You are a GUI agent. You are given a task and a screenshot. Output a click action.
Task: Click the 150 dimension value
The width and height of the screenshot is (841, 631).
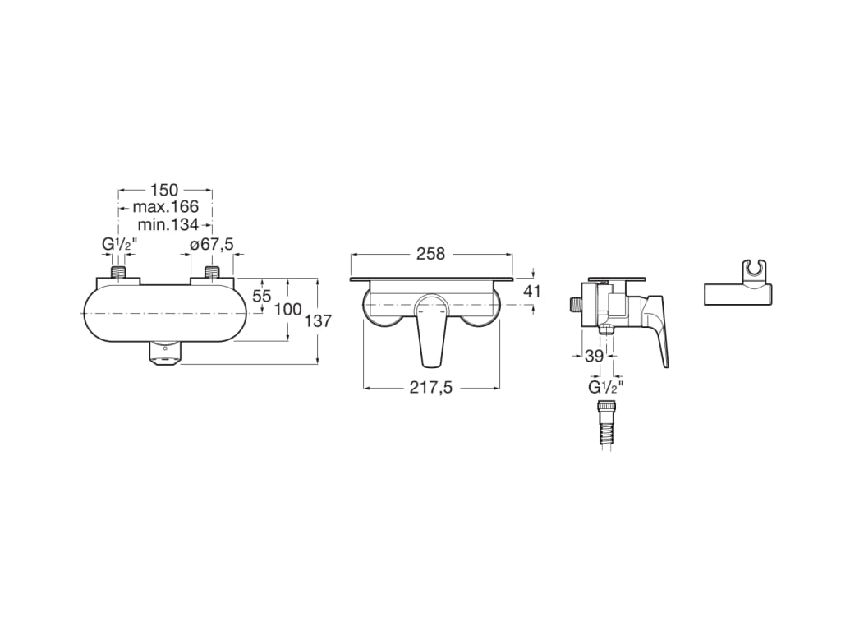pyautogui.click(x=164, y=191)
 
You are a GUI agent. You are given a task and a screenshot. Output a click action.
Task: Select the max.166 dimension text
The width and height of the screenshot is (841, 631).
pyautogui.click(x=166, y=207)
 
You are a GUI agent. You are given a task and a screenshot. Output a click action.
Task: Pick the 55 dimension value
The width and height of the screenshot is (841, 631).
pyautogui.click(x=262, y=297)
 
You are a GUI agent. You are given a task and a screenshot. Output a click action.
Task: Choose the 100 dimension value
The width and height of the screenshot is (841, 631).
pyautogui.click(x=288, y=310)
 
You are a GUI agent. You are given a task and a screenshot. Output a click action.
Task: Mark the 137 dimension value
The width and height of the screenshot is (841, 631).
pyautogui.click(x=317, y=321)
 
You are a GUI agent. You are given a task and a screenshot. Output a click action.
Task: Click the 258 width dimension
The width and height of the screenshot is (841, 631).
pyautogui.click(x=430, y=254)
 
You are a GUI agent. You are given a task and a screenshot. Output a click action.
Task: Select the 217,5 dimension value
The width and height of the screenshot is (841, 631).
pyautogui.click(x=431, y=388)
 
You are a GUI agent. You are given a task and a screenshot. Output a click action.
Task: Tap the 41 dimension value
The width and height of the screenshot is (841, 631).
pyautogui.click(x=532, y=291)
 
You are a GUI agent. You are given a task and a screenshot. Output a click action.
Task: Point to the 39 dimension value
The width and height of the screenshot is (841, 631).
pyautogui.click(x=595, y=356)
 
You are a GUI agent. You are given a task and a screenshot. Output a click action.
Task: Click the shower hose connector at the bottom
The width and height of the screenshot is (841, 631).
pyautogui.click(x=605, y=424)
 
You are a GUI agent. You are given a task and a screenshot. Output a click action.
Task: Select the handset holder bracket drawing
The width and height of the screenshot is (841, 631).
pyautogui.click(x=738, y=289)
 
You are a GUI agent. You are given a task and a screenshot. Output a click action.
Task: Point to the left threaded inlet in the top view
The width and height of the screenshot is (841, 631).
pyautogui.click(x=121, y=274)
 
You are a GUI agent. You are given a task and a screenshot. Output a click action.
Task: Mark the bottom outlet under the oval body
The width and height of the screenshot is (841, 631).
pyautogui.click(x=165, y=353)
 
